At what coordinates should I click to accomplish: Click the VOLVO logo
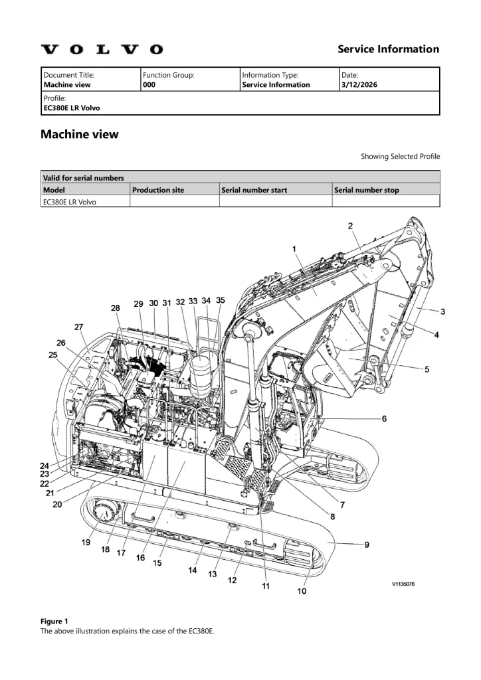coord(102,49)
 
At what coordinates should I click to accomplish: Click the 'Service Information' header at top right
coord(388,49)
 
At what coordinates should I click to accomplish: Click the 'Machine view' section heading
coord(80,134)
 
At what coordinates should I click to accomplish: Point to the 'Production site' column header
coord(158,190)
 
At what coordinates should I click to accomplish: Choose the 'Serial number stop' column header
coord(367,190)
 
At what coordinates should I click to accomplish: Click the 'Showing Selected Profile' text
coord(400,157)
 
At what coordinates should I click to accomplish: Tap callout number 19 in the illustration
coord(86,543)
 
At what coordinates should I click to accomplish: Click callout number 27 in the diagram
coord(78,327)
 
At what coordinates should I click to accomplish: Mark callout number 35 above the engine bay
coord(221,300)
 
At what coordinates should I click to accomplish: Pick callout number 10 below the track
coord(302,591)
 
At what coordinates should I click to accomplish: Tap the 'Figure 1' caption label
coord(54,621)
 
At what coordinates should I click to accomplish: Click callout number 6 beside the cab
coord(384,418)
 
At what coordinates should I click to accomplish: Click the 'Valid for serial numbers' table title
coord(83,177)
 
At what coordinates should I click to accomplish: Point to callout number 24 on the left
coord(44,465)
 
